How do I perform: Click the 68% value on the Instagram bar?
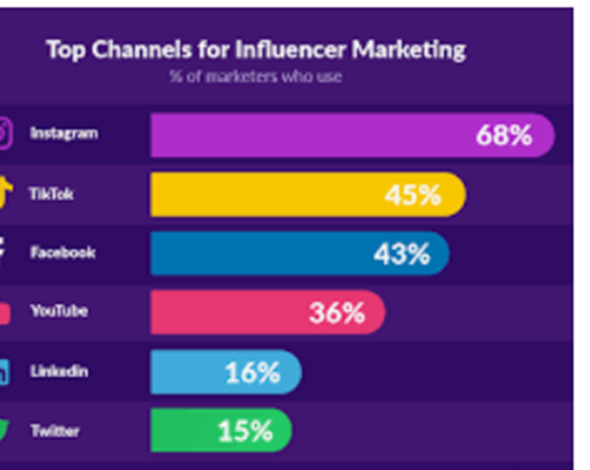pyautogui.click(x=503, y=136)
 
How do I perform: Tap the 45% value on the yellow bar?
pyautogui.click(x=412, y=195)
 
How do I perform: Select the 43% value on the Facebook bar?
pyautogui.click(x=401, y=254)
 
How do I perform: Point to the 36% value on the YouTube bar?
pyautogui.click(x=336, y=313)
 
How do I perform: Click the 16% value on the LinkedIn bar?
pyautogui.click(x=252, y=372)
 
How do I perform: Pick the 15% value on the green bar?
pyautogui.click(x=245, y=430)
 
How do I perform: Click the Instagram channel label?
pyautogui.click(x=63, y=134)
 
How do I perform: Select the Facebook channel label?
pyautogui.click(x=63, y=252)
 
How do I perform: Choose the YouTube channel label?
pyautogui.click(x=59, y=310)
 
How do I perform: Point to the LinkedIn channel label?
pyautogui.click(x=59, y=371)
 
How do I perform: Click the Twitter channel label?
pyautogui.click(x=54, y=430)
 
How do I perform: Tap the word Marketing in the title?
pyautogui.click(x=409, y=50)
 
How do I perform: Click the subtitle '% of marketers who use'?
pyautogui.click(x=255, y=76)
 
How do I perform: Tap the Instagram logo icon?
pyautogui.click(x=4, y=134)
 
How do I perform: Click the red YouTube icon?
pyautogui.click(x=4, y=312)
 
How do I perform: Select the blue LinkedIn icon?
pyautogui.click(x=4, y=371)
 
